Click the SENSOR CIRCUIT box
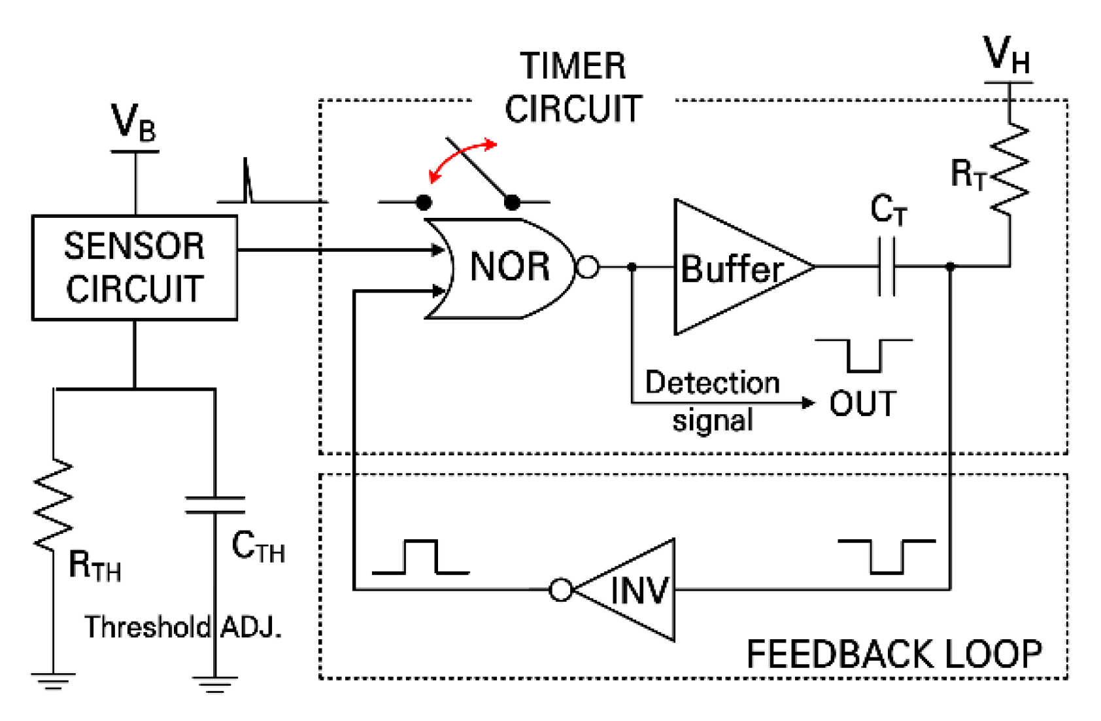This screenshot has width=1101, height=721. coord(134,268)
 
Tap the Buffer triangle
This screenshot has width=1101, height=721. coord(732,268)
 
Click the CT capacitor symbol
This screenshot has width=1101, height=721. coord(887,267)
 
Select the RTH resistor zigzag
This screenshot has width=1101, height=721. coord(53,504)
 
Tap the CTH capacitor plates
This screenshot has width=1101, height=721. coord(215,505)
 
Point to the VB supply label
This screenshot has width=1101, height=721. coord(133,123)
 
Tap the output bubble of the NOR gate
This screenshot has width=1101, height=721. coord(587,267)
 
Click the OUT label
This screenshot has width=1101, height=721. coord(862,404)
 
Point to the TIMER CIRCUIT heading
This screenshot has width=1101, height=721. coord(573,88)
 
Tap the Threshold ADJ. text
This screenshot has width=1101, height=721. coord(183,627)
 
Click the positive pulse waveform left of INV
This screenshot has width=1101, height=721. coord(420,557)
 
